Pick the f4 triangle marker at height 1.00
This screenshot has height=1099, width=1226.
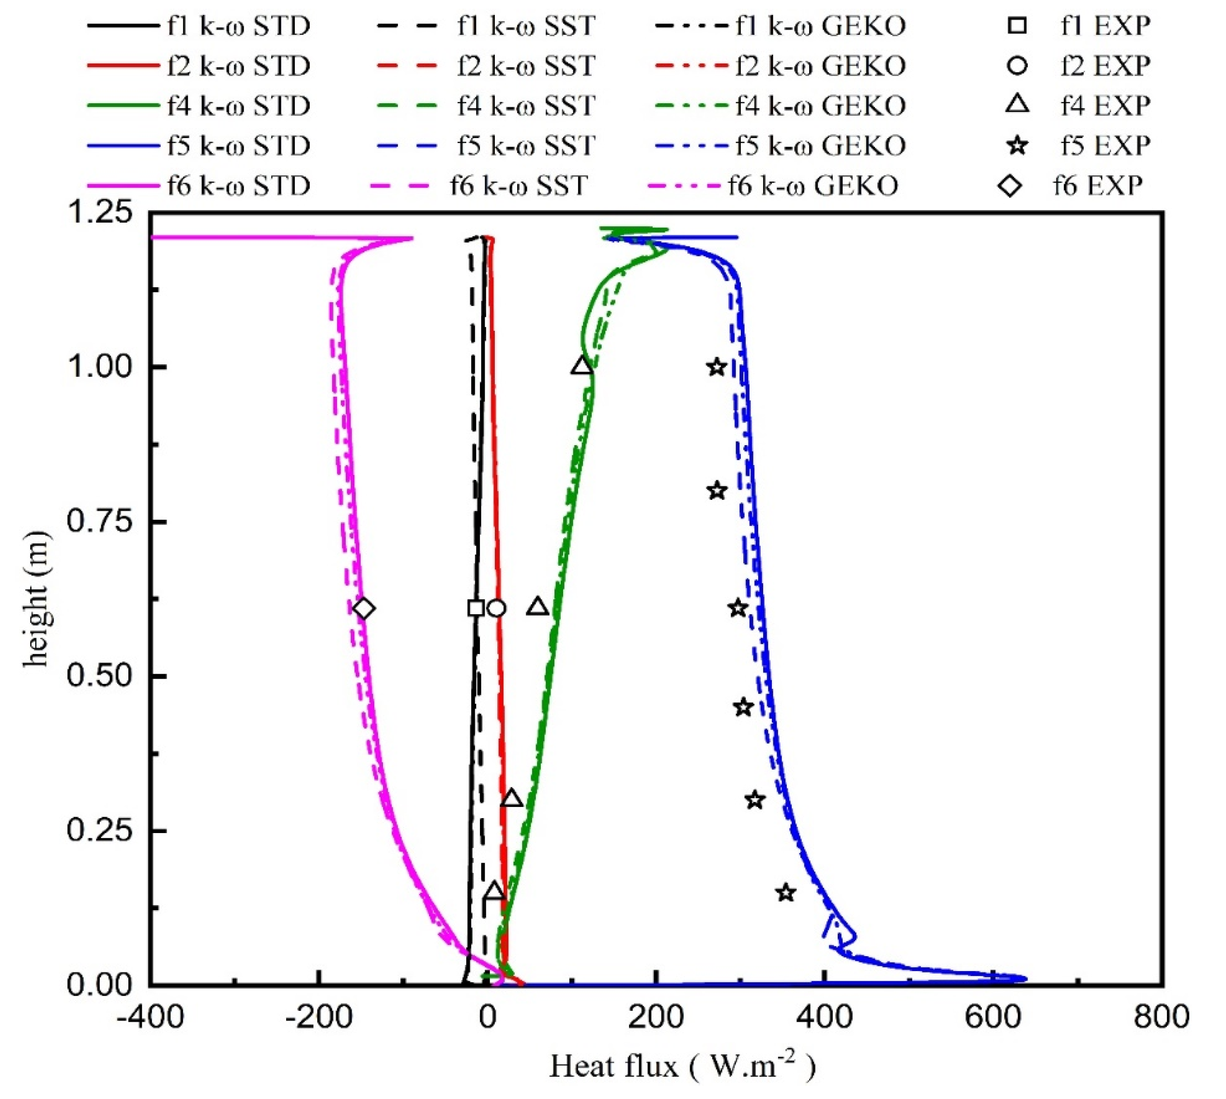pyautogui.click(x=582, y=367)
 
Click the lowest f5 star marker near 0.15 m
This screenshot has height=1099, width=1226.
pyautogui.click(x=785, y=893)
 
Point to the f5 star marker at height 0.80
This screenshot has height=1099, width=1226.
pyautogui.click(x=717, y=491)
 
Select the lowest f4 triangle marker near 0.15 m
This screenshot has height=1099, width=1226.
pyautogui.click(x=494, y=892)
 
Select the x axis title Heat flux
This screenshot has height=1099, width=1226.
pyautogui.click(x=682, y=1068)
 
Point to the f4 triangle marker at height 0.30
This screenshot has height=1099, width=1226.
pyautogui.click(x=512, y=799)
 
